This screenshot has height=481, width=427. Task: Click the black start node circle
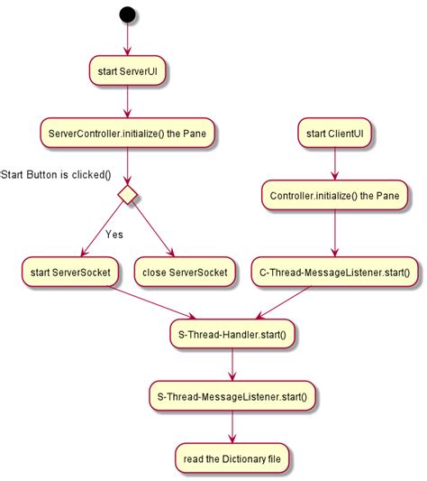(128, 14)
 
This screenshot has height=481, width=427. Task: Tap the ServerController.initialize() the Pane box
(128, 134)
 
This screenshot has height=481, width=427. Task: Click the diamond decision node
(128, 194)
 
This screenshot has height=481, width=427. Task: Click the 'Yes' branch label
(114, 235)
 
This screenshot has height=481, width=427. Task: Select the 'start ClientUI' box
(335, 134)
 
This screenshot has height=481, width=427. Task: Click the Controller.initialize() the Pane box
(335, 194)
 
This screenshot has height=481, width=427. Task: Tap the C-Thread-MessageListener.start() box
(335, 271)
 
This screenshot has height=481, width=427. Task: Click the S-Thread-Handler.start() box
(232, 334)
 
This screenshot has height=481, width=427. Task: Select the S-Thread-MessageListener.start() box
(232, 395)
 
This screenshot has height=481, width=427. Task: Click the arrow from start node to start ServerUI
(128, 41)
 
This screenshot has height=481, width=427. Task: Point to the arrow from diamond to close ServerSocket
(155, 230)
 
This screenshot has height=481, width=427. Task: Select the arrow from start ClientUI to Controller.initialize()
(335, 164)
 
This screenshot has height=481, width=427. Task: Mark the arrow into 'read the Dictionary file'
(232, 426)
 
